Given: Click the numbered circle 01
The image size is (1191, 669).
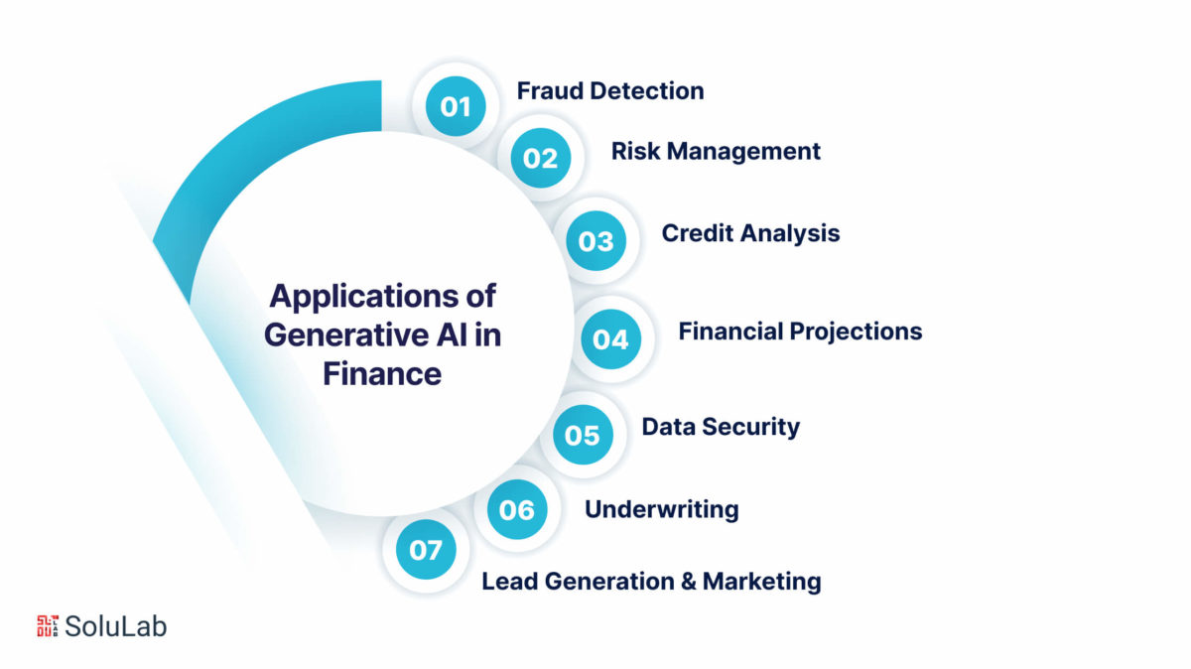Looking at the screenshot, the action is [x=456, y=106].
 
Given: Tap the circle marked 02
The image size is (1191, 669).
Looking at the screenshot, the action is [x=541, y=158].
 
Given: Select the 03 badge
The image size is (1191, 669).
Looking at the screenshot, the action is [x=596, y=241].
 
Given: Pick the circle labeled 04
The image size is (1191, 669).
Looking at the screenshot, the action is [x=611, y=339].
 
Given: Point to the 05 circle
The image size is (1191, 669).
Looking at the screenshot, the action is [x=583, y=435].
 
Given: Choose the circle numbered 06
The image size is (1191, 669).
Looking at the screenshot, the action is [x=517, y=509].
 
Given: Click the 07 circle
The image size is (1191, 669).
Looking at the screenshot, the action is [x=426, y=549].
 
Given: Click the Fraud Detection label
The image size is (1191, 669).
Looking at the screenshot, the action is [x=610, y=91].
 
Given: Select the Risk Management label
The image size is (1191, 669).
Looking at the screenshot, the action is [x=716, y=152].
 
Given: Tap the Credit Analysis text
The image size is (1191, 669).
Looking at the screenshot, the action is [x=750, y=233].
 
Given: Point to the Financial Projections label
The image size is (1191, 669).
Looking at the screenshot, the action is [x=800, y=332].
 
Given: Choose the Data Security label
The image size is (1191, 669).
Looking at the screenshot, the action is [x=721, y=427].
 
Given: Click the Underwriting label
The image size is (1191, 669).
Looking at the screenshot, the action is [x=662, y=509].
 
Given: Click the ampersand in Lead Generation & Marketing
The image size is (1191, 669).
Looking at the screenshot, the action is [x=689, y=582].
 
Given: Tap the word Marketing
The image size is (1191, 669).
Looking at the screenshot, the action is [x=762, y=582].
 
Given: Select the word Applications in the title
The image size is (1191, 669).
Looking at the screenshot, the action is [x=365, y=298].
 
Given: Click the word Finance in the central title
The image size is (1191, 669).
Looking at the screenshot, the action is [x=382, y=373].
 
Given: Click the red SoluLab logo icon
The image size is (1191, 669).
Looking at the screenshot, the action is [x=48, y=626].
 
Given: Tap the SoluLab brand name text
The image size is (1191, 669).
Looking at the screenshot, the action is [x=115, y=626].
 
